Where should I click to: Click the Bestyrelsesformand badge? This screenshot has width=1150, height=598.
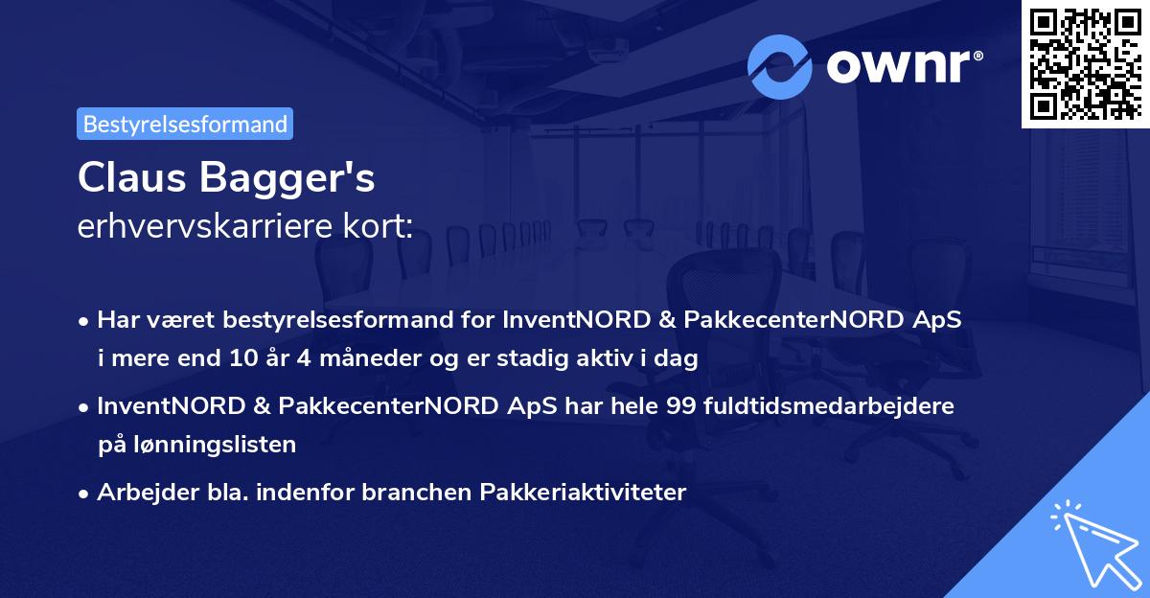pos(185,124)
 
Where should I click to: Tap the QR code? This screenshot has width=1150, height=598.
pos(1085,63)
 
